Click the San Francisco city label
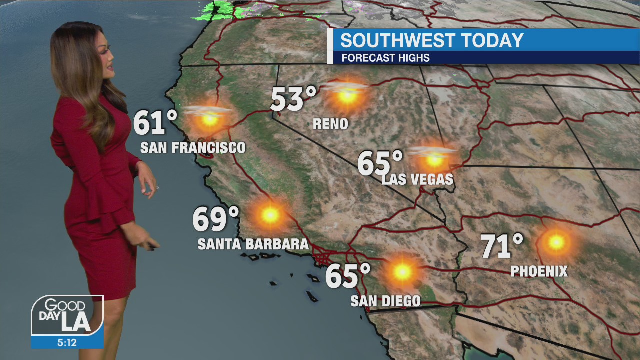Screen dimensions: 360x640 (x=193, y=148)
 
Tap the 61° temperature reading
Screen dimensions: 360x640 (x=155, y=123)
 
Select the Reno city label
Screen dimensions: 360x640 (x=330, y=124)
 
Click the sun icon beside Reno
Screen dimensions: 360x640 (x=347, y=95)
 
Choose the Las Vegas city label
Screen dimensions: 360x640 (x=418, y=179)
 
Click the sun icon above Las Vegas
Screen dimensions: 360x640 (x=434, y=160)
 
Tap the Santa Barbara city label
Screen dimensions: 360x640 (x=253, y=244)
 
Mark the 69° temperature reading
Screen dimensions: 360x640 (x=215, y=219)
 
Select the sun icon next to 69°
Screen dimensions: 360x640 (x=270, y=215)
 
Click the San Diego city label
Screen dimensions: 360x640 (x=385, y=301)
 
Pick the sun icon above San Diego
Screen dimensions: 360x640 (x=402, y=272)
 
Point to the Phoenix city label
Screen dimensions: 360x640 (x=539, y=271)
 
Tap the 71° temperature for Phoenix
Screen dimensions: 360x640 (x=501, y=246)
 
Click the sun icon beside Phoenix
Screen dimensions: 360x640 (x=555, y=242)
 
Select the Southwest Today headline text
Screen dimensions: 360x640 (x=432, y=40)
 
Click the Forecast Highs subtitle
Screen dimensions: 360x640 (x=385, y=58)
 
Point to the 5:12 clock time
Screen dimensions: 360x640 (x=67, y=342)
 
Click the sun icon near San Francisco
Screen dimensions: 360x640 (x=209, y=119)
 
